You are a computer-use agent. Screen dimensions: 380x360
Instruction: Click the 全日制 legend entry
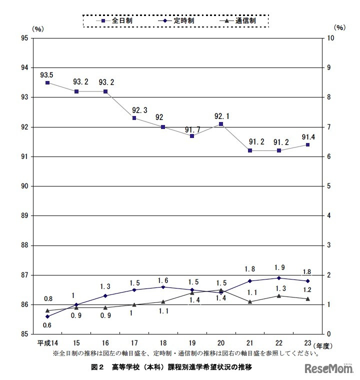116,21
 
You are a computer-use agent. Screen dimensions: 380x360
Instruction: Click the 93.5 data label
47,74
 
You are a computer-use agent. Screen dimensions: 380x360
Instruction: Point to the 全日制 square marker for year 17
134,118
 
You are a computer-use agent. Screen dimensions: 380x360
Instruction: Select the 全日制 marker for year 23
307,144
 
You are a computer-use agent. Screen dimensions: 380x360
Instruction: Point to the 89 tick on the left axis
24,216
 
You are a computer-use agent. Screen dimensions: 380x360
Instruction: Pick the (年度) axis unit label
324,345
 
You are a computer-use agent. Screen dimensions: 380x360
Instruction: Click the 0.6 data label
47,325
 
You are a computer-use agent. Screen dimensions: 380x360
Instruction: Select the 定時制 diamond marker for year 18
163,286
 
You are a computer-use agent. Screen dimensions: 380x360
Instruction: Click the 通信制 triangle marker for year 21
250,301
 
